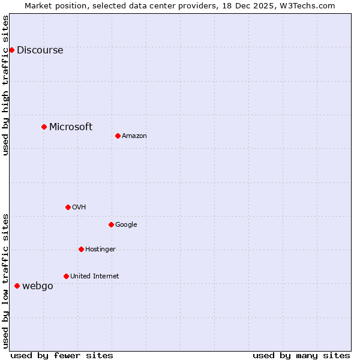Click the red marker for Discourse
click(x=11, y=50)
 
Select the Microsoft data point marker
click(x=44, y=127)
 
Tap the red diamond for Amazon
click(x=118, y=136)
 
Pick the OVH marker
click(x=68, y=207)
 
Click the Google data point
click(x=111, y=224)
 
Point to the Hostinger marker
click(x=81, y=249)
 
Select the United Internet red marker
click(x=66, y=276)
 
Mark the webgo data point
click(x=17, y=286)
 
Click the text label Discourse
click(x=40, y=50)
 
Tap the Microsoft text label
click(x=71, y=127)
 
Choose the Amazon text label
click(x=134, y=136)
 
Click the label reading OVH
click(x=79, y=208)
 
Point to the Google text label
click(x=126, y=225)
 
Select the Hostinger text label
click(x=100, y=250)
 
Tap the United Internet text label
click(x=94, y=277)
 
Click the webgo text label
click(x=38, y=286)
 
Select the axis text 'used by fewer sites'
click(x=62, y=355)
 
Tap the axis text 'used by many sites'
click(x=301, y=355)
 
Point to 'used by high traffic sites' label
click(x=5, y=85)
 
